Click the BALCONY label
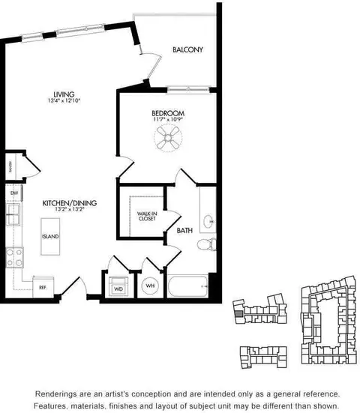click(x=188, y=50)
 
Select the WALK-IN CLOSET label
click(x=145, y=217)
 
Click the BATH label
click(x=184, y=232)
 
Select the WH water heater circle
click(x=148, y=286)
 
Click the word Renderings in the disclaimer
click(x=58, y=394)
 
